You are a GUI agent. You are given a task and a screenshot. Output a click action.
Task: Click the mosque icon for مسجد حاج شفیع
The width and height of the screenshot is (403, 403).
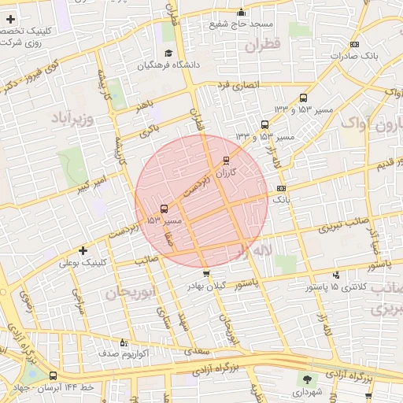tap(242, 13)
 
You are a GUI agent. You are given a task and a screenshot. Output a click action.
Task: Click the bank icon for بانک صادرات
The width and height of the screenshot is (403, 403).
tap(355, 45)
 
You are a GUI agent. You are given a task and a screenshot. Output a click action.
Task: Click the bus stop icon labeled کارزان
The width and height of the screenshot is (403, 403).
tap(227, 160)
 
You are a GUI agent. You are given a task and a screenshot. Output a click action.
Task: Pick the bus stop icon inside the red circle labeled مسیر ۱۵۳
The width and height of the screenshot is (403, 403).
tap(164, 209)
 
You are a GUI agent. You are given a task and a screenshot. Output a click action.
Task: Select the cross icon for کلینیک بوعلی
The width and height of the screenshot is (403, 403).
tap(83, 250)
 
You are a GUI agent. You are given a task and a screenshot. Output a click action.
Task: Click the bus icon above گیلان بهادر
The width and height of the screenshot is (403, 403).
tap(206, 274)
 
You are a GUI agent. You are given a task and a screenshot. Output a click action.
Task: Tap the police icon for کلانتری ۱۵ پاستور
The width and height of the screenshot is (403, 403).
tap(337, 275)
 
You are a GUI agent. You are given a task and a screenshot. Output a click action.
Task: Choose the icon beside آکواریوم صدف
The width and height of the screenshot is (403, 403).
tap(123, 342)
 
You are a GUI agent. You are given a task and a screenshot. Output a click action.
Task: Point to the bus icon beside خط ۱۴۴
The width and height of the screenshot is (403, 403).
tap(53, 376)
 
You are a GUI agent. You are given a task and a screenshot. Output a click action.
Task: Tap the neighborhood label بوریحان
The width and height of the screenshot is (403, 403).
tap(126, 294)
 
